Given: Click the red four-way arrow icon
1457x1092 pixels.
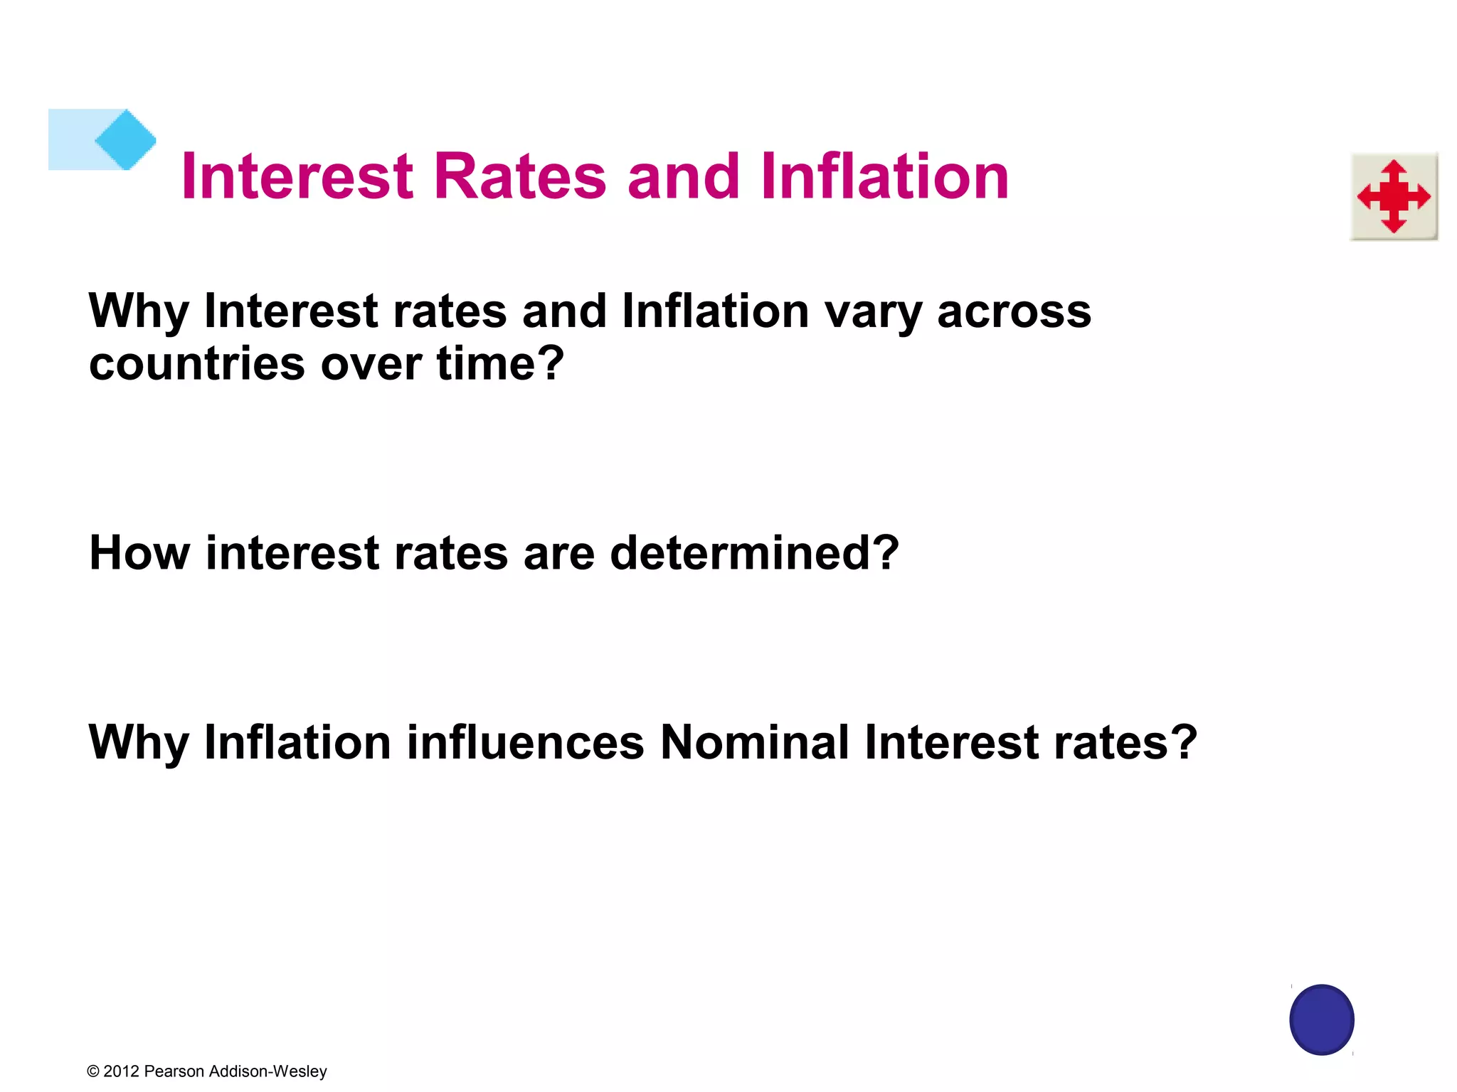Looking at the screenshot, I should (x=1394, y=196).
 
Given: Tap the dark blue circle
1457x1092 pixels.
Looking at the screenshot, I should (x=1321, y=1019).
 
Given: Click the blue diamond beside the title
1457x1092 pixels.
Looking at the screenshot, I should (x=125, y=139).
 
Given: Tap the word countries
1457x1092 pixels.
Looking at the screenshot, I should (x=197, y=364).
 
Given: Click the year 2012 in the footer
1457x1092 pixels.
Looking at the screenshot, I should (x=121, y=1071).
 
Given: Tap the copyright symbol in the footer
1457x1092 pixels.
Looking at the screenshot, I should (x=93, y=1071).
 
